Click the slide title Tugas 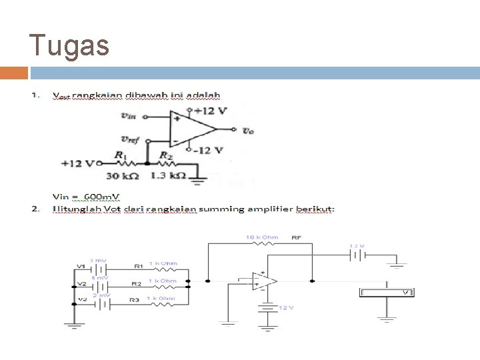coord(69,46)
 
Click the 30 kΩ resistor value coord(122,177)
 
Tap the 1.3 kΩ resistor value coord(168,177)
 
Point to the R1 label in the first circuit coord(120,154)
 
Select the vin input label coord(128,115)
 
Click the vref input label coord(130,139)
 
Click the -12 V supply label coord(208,150)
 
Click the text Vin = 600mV coord(87,197)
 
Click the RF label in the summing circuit coord(297,237)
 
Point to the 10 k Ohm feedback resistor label coord(261,237)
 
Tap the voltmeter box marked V coord(387,293)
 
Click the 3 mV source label coord(97,261)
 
